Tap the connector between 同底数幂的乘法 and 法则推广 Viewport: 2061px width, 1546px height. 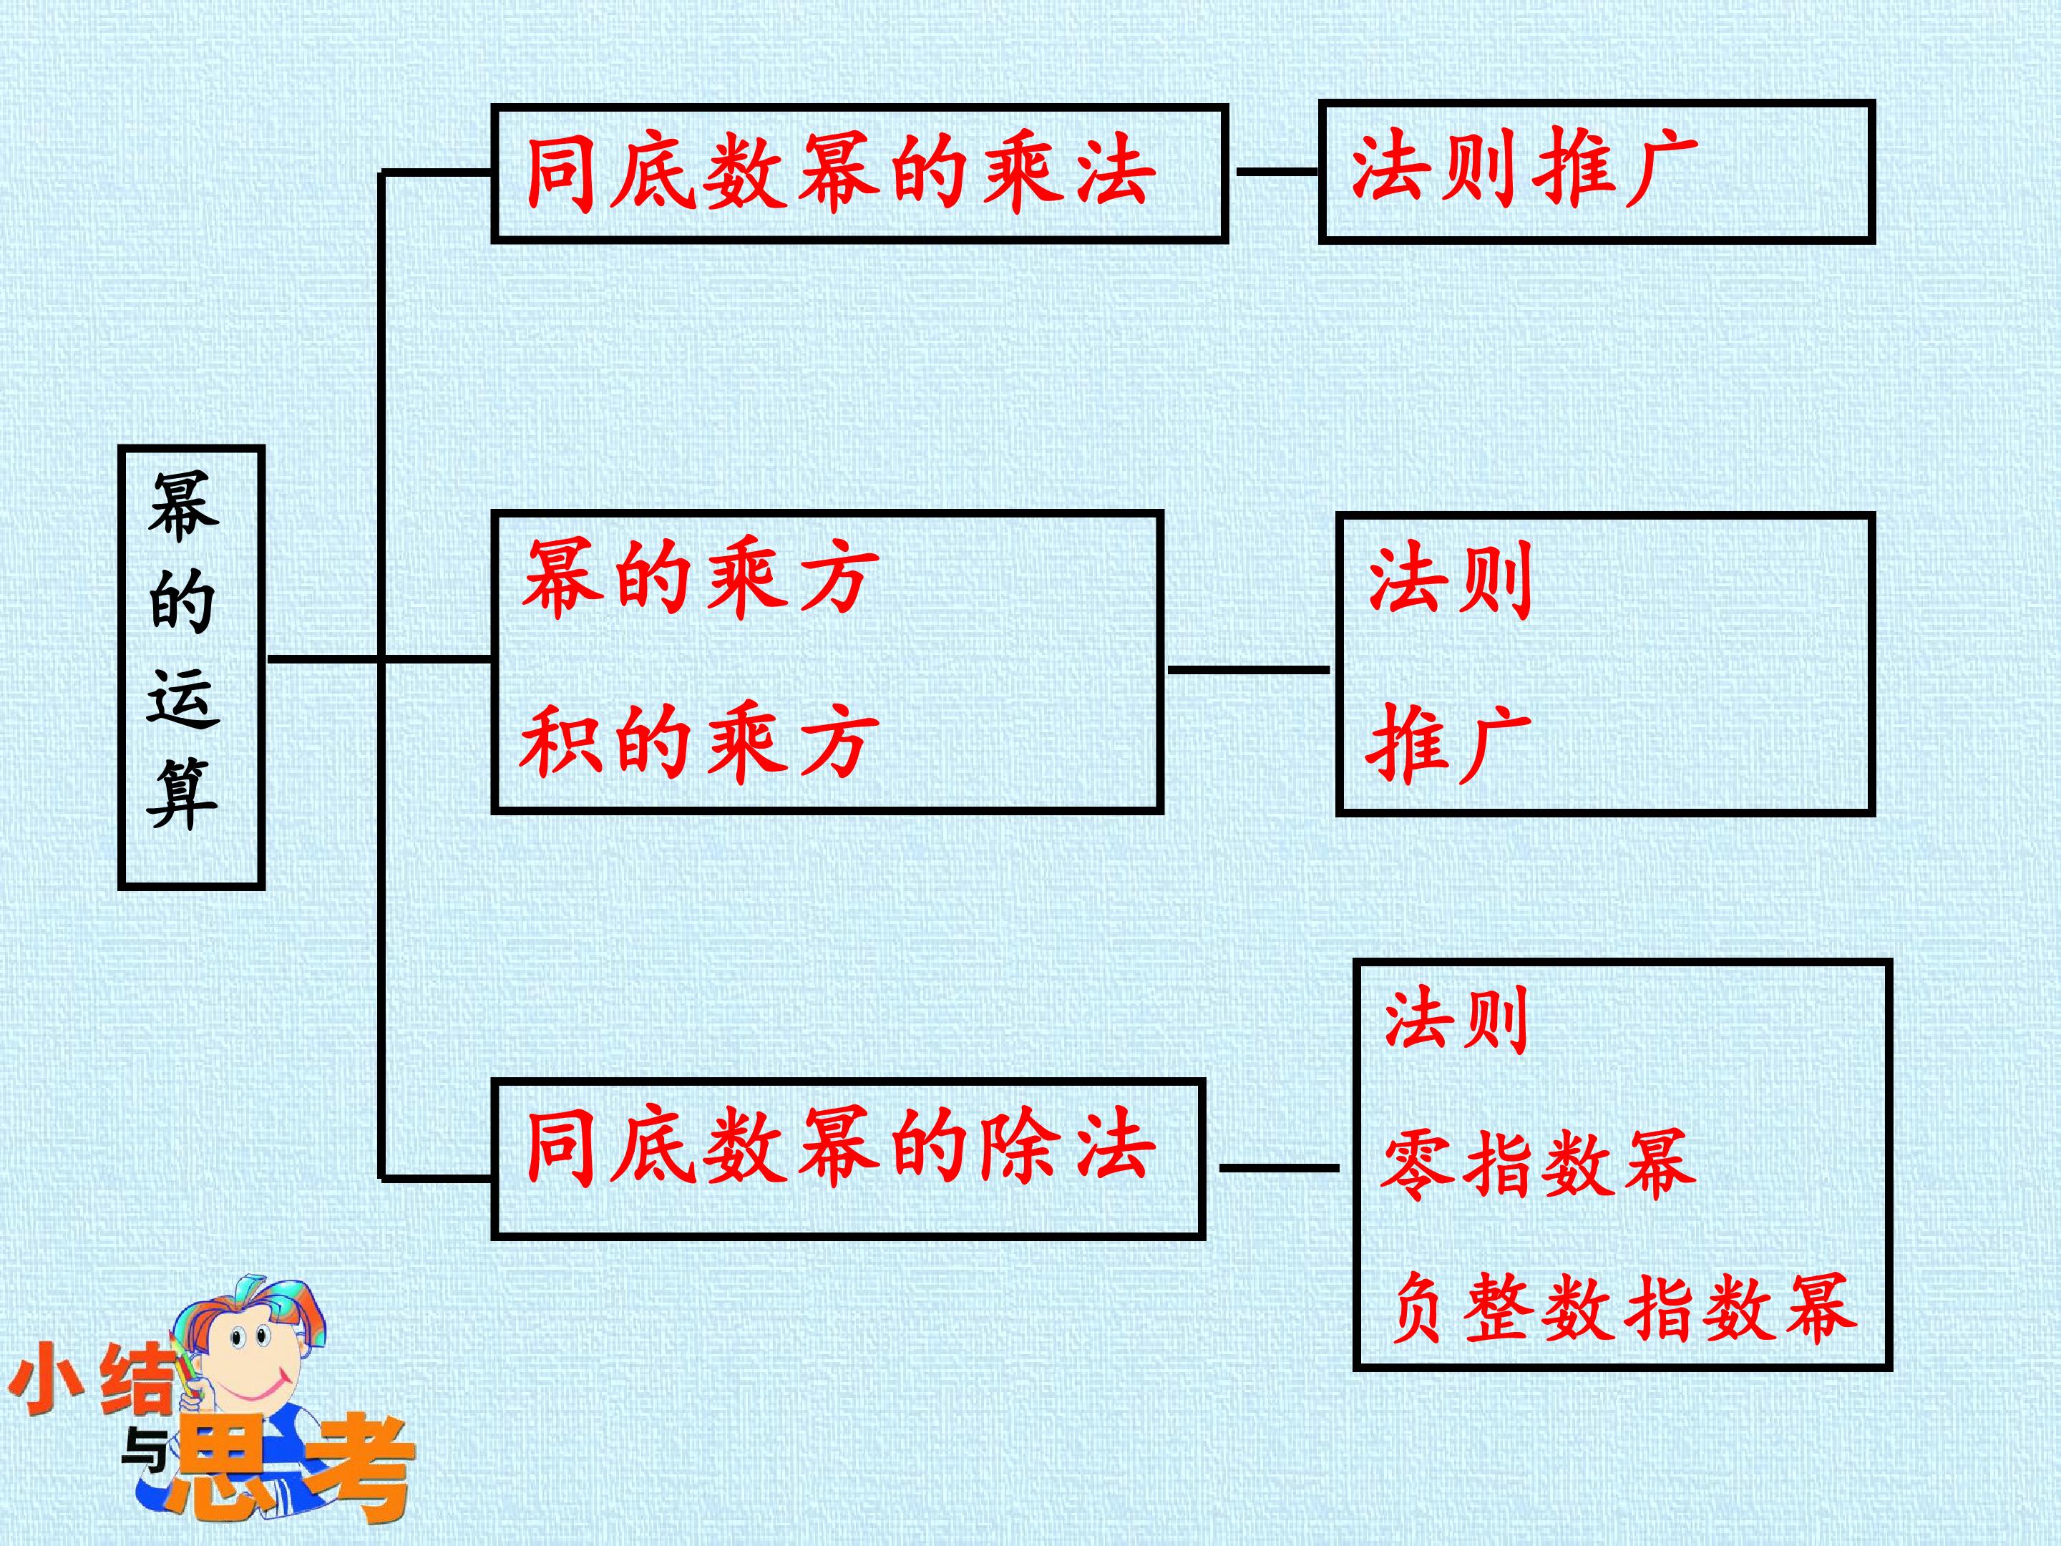[x=1277, y=172]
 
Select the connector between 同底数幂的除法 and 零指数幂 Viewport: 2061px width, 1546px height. [x=1280, y=1167]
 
